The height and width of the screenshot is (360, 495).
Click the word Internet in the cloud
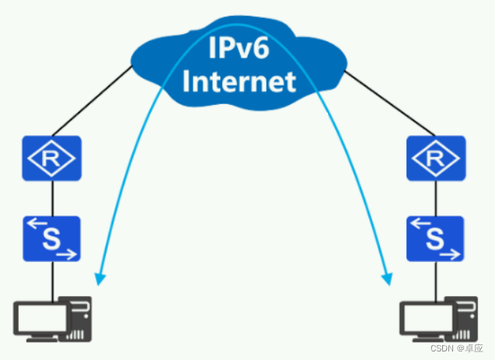point(241,81)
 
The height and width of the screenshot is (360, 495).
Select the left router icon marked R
point(51,159)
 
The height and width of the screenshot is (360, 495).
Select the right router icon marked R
point(436,159)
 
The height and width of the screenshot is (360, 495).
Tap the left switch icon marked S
point(51,239)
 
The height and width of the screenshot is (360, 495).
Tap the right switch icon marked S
point(436,239)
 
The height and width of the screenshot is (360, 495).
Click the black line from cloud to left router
point(92,101)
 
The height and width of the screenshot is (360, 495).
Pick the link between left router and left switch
point(51,198)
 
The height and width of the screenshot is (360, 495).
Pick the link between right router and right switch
point(436,198)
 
